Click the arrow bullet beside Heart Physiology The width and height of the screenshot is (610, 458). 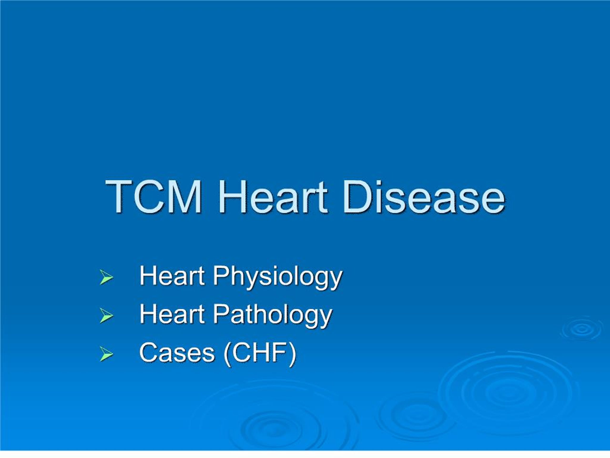107,277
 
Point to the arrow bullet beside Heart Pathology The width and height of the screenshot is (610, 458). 107,315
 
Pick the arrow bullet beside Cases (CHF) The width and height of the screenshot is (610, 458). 107,354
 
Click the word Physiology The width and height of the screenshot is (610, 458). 277,277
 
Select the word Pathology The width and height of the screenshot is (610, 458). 272,315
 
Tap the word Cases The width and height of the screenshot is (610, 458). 177,353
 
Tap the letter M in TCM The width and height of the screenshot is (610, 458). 184,197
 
